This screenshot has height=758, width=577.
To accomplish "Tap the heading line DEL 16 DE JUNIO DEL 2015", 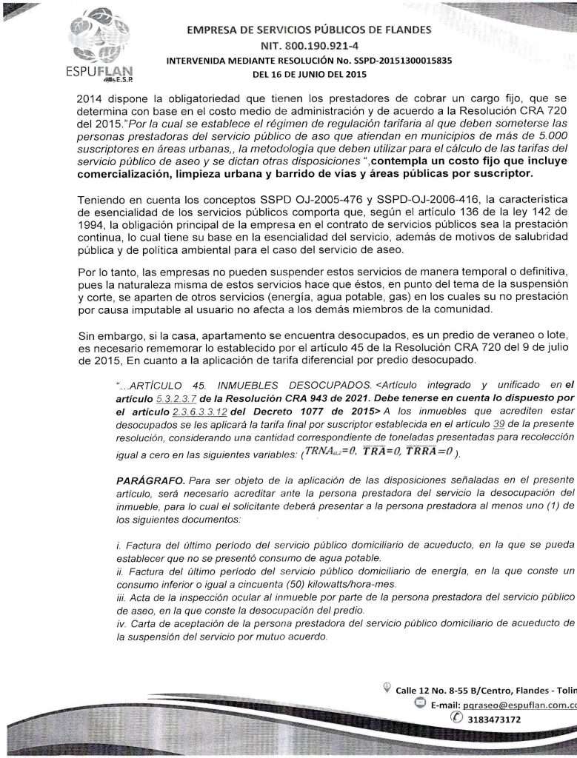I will [x=309, y=75].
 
